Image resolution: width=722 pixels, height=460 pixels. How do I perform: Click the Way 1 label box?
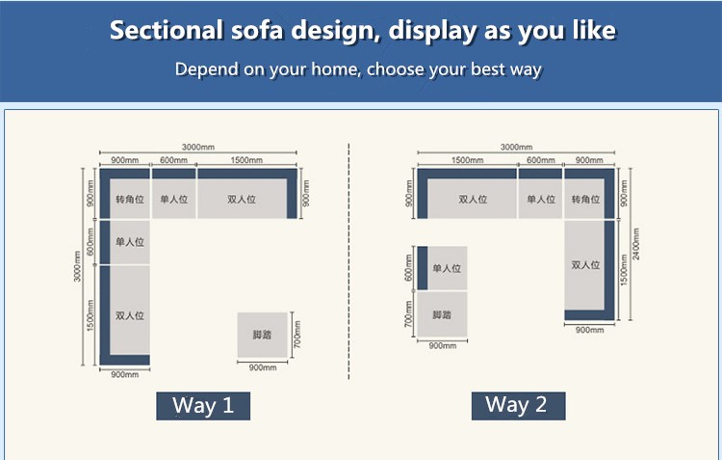coord(203,406)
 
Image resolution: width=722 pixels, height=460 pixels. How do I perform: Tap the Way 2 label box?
coord(518,406)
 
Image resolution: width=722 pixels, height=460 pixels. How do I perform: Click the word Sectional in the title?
coord(167,31)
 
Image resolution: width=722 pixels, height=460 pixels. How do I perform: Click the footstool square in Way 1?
coord(263,335)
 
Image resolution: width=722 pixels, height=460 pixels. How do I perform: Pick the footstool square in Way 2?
coord(442,314)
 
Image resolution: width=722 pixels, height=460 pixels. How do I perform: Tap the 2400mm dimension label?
coord(636,244)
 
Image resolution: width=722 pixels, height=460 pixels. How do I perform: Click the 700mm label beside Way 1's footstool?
coord(297,335)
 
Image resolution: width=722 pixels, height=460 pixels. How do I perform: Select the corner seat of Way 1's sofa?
coord(125,194)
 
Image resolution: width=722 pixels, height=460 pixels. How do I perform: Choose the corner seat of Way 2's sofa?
coord(589,194)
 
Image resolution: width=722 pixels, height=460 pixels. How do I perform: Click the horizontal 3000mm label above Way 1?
coord(198,148)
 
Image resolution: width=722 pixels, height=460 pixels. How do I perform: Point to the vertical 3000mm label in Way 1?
coord(77,266)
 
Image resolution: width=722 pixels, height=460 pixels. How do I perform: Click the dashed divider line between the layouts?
coord(349,261)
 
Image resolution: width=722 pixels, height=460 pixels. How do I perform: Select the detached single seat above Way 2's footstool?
coord(442,268)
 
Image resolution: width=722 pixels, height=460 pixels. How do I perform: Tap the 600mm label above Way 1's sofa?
coord(173,160)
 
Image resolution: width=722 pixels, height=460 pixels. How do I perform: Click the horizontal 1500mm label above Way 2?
coord(467,160)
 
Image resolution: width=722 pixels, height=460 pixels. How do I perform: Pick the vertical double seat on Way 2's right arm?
coord(589,270)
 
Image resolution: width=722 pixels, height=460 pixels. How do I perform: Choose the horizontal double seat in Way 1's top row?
coord(247,194)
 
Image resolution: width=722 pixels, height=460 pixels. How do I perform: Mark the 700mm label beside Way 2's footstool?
coord(408,314)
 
